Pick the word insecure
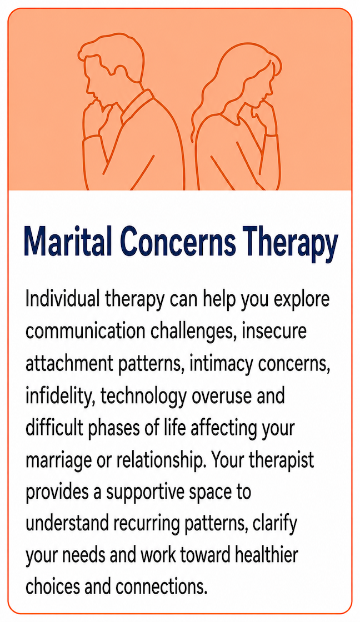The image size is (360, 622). tap(274, 331)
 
